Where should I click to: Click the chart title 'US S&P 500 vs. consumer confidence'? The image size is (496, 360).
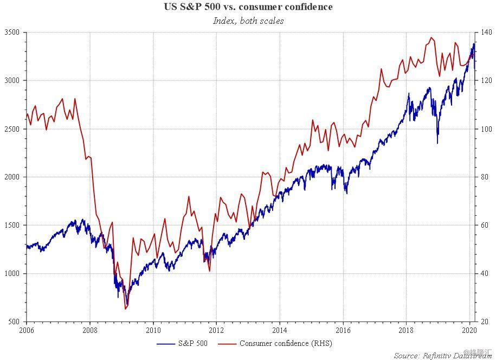[248, 7]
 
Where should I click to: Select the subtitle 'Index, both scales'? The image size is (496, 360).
[248, 21]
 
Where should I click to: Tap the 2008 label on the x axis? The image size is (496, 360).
[90, 329]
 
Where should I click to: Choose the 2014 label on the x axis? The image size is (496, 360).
[280, 329]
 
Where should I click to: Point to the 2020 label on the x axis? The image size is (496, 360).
[469, 329]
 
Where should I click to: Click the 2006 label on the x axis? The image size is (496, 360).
[27, 329]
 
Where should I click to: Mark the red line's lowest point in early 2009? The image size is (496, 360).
[125, 309]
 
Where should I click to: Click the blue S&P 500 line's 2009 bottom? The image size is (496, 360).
[127, 305]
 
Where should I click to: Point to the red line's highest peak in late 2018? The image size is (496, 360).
[431, 37]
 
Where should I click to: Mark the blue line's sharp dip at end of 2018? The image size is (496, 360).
[437, 143]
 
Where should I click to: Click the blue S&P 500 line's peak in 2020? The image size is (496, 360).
[474, 43]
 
